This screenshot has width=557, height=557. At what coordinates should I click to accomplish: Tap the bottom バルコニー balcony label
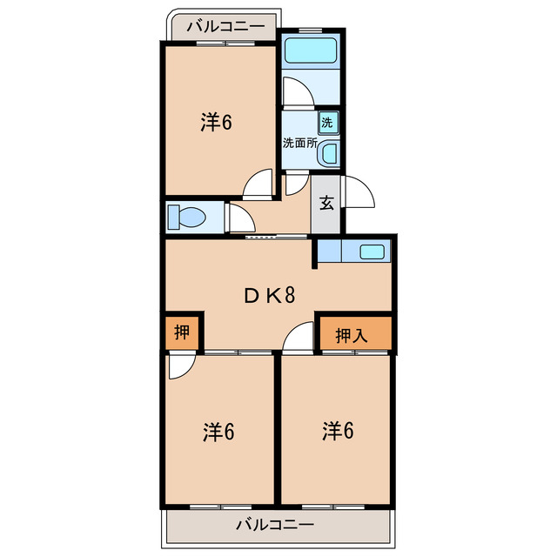click(x=274, y=525)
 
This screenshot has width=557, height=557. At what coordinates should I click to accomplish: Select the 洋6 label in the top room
click(x=216, y=123)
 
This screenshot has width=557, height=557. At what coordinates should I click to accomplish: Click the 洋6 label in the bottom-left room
click(x=219, y=431)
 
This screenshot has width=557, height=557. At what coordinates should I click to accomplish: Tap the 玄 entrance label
click(x=326, y=205)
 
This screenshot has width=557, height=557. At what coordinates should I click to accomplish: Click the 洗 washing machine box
click(x=326, y=122)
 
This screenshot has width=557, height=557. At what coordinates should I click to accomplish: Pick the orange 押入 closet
click(x=352, y=334)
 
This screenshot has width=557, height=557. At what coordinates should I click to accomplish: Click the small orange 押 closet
click(x=182, y=332)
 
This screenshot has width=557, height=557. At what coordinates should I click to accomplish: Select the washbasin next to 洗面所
click(x=329, y=155)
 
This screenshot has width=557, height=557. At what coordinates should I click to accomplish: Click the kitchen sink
click(x=372, y=252)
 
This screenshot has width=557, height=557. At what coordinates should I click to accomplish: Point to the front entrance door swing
click(x=359, y=191)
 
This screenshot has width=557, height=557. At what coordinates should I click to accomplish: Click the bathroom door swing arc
click(x=294, y=91)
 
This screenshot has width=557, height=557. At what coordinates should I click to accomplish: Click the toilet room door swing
click(x=239, y=218)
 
